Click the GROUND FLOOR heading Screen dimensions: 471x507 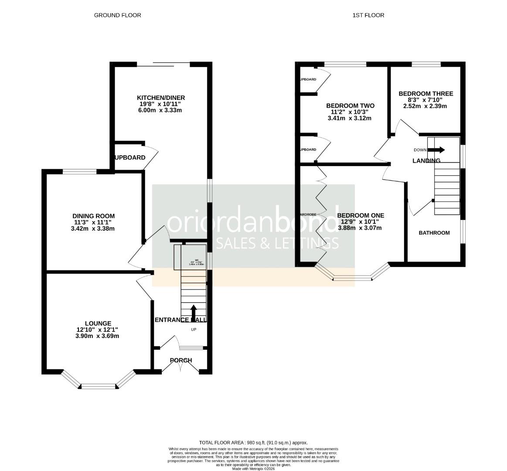click(x=117, y=15)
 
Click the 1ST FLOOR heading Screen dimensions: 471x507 click(x=368, y=15)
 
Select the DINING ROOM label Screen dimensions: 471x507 click(x=94, y=216)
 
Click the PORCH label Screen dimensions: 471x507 click(x=180, y=360)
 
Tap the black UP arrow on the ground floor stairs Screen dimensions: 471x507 click(x=194, y=312)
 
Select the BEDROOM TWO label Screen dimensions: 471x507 click(x=350, y=106)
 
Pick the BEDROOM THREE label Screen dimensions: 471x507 click(x=425, y=93)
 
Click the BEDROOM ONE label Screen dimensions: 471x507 click(x=361, y=215)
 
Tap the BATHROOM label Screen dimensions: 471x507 click(x=434, y=233)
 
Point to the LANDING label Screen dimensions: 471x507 click(x=426, y=160)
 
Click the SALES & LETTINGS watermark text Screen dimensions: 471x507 click(x=277, y=243)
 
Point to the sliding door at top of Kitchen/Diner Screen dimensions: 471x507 click(x=163, y=65)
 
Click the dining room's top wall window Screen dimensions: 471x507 click(x=80, y=171)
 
